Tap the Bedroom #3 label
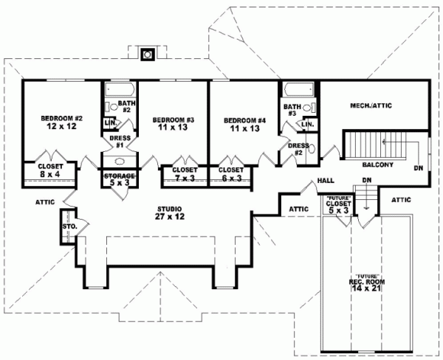(x=173, y=124)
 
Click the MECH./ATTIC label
(x=370, y=106)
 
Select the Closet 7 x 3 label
(x=184, y=173)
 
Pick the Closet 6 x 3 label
(x=231, y=173)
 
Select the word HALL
(x=325, y=180)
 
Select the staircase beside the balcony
(x=364, y=142)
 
